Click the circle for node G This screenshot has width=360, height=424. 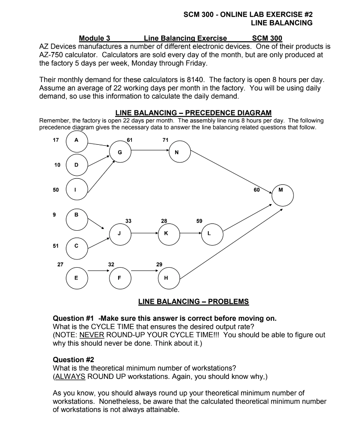[x=119, y=151]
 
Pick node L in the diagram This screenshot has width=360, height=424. [x=209, y=234]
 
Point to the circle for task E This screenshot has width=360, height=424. [x=76, y=277]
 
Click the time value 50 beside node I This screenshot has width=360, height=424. [x=56, y=189]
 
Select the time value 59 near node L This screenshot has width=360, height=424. [x=200, y=221]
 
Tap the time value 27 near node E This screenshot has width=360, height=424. [x=60, y=265]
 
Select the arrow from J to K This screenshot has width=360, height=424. [x=144, y=234]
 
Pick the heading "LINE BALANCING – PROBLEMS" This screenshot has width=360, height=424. [x=193, y=302]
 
